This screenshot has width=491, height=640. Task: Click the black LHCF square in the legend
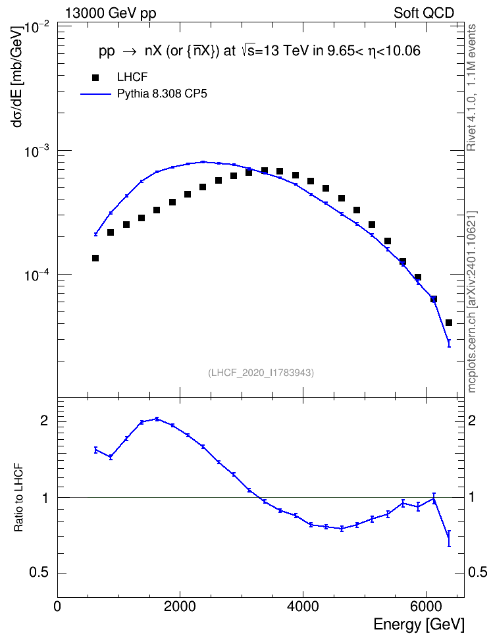tap(95, 78)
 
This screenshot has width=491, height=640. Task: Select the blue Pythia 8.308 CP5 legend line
tap(95, 94)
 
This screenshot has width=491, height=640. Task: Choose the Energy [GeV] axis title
tap(419, 625)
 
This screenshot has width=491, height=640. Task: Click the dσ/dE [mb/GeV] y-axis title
tap(18, 76)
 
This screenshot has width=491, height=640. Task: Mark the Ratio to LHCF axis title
tap(18, 498)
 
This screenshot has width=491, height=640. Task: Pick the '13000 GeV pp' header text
tap(111, 13)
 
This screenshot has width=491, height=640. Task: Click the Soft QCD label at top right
tap(424, 13)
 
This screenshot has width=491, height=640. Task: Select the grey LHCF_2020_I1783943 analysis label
tap(261, 373)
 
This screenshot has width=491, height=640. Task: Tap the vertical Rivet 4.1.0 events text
tap(471, 88)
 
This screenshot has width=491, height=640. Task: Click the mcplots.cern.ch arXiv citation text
tap(471, 302)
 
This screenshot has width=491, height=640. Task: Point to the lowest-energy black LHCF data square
tap(95, 258)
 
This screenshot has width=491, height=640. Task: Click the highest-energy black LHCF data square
tap(449, 323)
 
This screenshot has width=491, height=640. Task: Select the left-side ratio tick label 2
tap(44, 420)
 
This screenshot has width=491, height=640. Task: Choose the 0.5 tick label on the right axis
tap(477, 572)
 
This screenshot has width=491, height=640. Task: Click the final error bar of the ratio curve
tap(449, 539)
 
